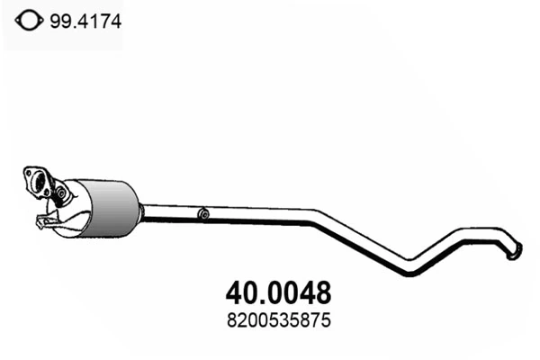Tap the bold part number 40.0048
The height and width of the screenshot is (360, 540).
pyautogui.click(x=275, y=292)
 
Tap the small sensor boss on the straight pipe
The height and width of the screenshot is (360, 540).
pyautogui.click(x=204, y=214)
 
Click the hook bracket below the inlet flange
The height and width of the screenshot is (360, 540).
pyautogui.click(x=43, y=221)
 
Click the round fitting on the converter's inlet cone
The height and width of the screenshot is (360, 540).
pyautogui.click(x=62, y=192)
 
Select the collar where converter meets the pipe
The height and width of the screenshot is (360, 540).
pyautogui.click(x=141, y=210)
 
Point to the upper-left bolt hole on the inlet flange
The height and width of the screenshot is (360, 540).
pyautogui.click(x=28, y=174)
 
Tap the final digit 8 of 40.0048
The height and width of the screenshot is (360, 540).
pyautogui.click(x=322, y=292)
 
